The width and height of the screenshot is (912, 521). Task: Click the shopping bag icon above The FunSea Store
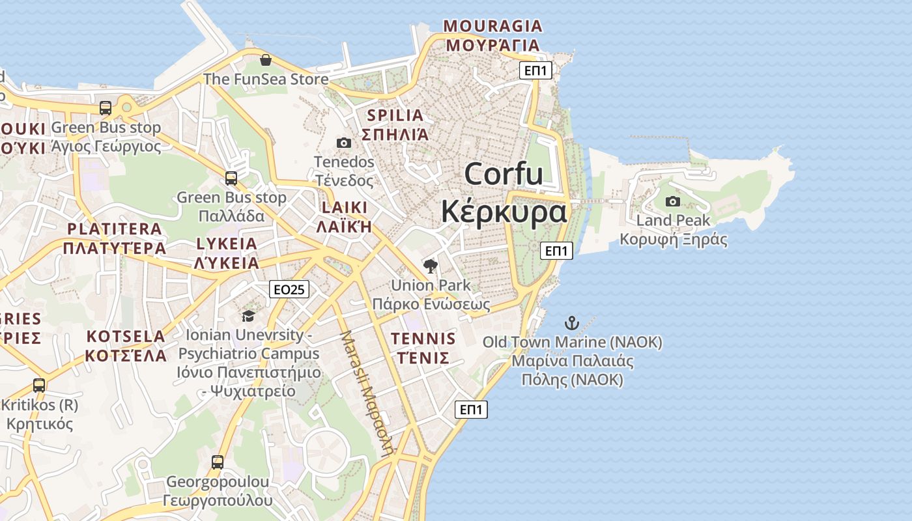[x=266, y=61]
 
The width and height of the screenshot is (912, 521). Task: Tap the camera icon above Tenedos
[x=344, y=143]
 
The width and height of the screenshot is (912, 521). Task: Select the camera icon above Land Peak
[x=673, y=201]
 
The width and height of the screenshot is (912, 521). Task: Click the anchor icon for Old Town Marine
[x=571, y=322]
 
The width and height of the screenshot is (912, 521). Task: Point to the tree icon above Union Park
[x=430, y=266]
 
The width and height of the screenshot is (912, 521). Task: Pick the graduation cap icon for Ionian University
[x=248, y=316]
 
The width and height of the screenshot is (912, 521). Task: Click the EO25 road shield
[x=289, y=290]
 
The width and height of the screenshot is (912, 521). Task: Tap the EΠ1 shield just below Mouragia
[x=535, y=71]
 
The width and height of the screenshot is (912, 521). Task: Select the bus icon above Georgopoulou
[x=218, y=462]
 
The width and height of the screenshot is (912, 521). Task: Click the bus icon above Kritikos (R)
[x=39, y=386]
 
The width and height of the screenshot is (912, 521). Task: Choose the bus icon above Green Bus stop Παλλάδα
[x=231, y=178]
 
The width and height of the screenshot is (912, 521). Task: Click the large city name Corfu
[x=504, y=175]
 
